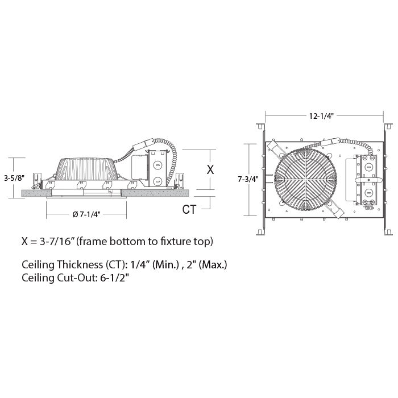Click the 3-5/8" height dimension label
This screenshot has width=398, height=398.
(x=14, y=178)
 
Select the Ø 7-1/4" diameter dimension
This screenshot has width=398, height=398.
(x=86, y=214)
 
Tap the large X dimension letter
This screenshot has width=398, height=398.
(x=210, y=169)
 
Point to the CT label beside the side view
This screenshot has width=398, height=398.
(x=189, y=209)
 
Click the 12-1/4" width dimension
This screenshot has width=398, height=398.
(x=321, y=116)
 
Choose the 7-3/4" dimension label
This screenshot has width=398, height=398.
(x=248, y=179)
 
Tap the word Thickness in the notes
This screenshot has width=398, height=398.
(x=80, y=264)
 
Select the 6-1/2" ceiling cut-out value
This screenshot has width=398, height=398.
(x=115, y=277)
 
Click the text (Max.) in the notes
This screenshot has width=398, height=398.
(x=213, y=265)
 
